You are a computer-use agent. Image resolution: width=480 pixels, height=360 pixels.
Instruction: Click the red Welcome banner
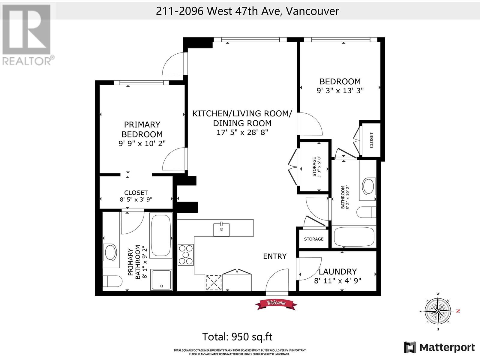(276, 304)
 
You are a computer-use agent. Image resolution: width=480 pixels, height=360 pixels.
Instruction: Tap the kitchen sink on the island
(221, 229)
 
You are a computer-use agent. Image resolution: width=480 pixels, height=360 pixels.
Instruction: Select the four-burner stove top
(185, 255)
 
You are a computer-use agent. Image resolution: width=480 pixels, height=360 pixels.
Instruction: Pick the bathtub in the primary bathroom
(161, 235)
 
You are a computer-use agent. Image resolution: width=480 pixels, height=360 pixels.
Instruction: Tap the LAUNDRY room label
(337, 271)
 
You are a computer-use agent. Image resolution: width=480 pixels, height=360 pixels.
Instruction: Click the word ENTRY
(275, 256)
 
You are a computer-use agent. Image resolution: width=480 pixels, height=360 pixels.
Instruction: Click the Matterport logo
(439, 347)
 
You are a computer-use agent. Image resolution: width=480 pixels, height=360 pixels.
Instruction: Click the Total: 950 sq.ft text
(237, 337)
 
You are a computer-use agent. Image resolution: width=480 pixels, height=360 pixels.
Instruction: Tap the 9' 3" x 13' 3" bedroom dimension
(340, 91)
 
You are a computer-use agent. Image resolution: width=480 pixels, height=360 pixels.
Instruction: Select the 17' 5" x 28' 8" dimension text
(242, 132)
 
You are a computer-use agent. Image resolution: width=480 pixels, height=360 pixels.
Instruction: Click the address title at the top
(247, 11)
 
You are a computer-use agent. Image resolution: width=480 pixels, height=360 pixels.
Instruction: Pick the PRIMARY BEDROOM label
(142, 129)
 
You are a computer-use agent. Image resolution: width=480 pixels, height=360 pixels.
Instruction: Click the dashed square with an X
(214, 283)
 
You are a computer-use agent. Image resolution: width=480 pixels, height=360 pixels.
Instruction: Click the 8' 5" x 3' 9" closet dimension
(136, 199)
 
